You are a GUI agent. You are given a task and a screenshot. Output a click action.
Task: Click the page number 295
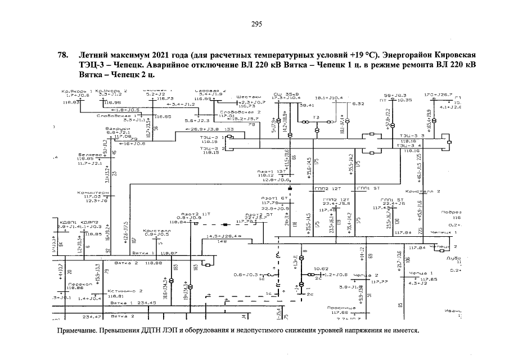256,24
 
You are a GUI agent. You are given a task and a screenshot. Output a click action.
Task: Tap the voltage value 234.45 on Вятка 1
148,302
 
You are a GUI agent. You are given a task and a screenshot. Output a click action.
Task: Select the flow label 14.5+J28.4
220,236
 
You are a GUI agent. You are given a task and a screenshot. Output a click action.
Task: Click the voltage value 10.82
321,269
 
